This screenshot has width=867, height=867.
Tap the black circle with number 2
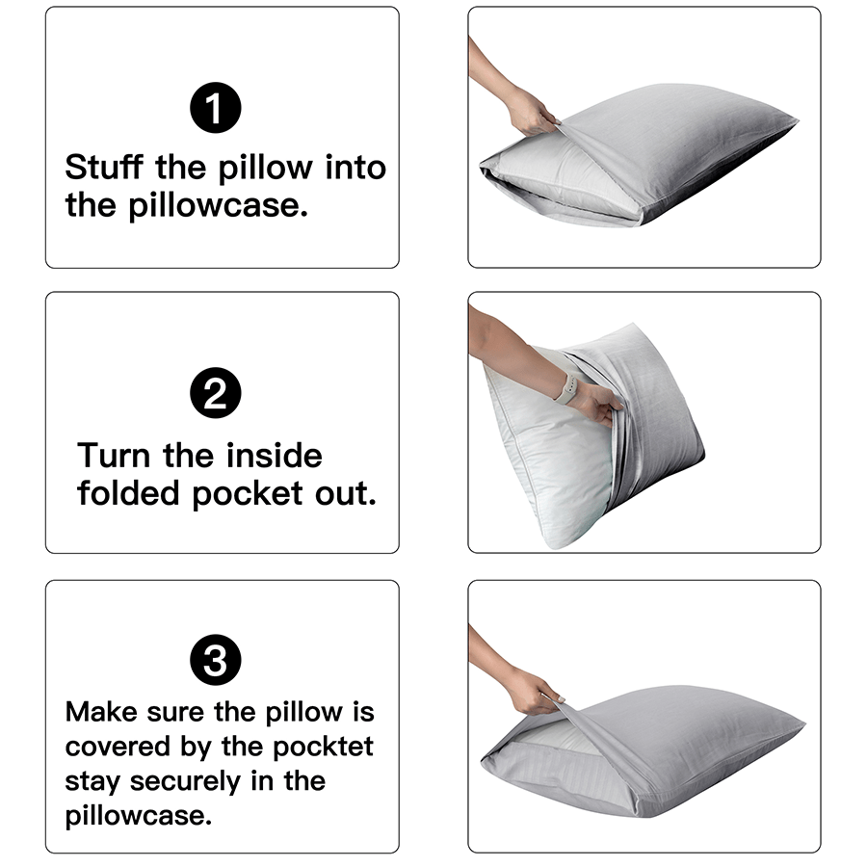[216, 394]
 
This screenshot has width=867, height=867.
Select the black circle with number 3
[216, 661]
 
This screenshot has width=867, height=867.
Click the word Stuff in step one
[104, 168]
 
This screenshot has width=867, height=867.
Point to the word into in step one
[355, 168]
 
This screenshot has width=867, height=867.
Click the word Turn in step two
[116, 455]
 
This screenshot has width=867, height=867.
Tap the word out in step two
[347, 493]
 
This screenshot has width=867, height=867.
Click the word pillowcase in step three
[138, 816]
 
